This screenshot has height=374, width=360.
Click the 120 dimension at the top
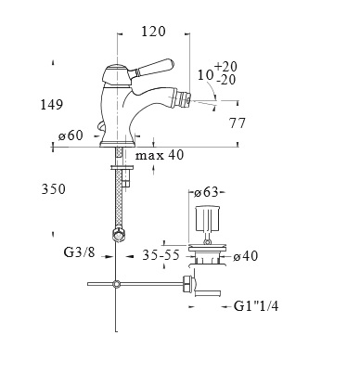[x=153, y=32]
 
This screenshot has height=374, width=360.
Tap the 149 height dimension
[x=52, y=105]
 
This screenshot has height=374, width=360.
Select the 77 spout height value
[x=238, y=123]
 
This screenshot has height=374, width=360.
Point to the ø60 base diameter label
[x=71, y=135]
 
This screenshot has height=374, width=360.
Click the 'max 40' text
[x=160, y=155]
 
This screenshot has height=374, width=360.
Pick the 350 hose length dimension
[x=54, y=189]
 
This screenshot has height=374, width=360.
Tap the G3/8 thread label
[x=79, y=252]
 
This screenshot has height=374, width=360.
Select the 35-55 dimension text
[x=161, y=255]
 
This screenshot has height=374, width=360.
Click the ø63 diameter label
[x=206, y=192]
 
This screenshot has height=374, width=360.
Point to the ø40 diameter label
[x=246, y=256]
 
